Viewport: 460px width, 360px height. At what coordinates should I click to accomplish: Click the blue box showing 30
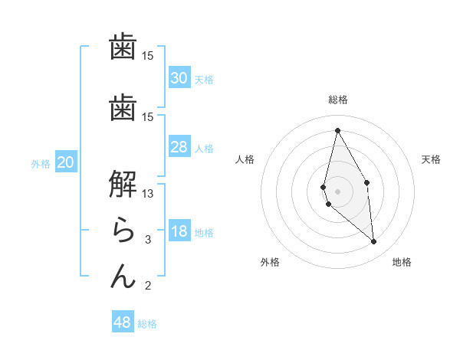pyautogui.click(x=179, y=77)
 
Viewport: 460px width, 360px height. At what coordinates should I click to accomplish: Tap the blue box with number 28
pyautogui.click(x=179, y=146)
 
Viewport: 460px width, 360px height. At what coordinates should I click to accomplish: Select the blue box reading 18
pyautogui.click(x=179, y=231)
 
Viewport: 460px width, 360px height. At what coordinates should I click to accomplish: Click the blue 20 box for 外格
pyautogui.click(x=66, y=162)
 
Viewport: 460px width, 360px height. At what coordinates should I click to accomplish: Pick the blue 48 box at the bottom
pyautogui.click(x=123, y=322)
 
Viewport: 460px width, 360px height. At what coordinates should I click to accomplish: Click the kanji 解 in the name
pyautogui.click(x=123, y=183)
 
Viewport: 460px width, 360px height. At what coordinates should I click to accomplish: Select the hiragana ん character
pyautogui.click(x=123, y=275)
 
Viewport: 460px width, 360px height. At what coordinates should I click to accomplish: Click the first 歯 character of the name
pyautogui.click(x=123, y=47)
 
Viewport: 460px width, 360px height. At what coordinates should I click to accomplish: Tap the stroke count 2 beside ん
pyautogui.click(x=148, y=286)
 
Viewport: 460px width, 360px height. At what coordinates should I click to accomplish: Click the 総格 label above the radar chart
pyautogui.click(x=338, y=100)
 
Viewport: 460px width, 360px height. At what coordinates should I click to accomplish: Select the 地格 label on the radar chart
pyautogui.click(x=402, y=262)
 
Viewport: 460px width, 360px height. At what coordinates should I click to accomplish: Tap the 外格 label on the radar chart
pyautogui.click(x=270, y=262)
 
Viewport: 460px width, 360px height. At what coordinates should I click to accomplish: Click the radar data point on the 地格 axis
pyautogui.click(x=373, y=242)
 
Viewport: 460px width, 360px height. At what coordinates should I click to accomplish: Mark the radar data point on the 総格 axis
pyautogui.click(x=337, y=131)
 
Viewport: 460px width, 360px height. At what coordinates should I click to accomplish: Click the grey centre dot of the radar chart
pyautogui.click(x=337, y=191)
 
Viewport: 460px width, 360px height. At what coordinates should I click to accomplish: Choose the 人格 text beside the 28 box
pyautogui.click(x=204, y=148)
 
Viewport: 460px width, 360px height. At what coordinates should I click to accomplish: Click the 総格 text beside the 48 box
pyautogui.click(x=147, y=324)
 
